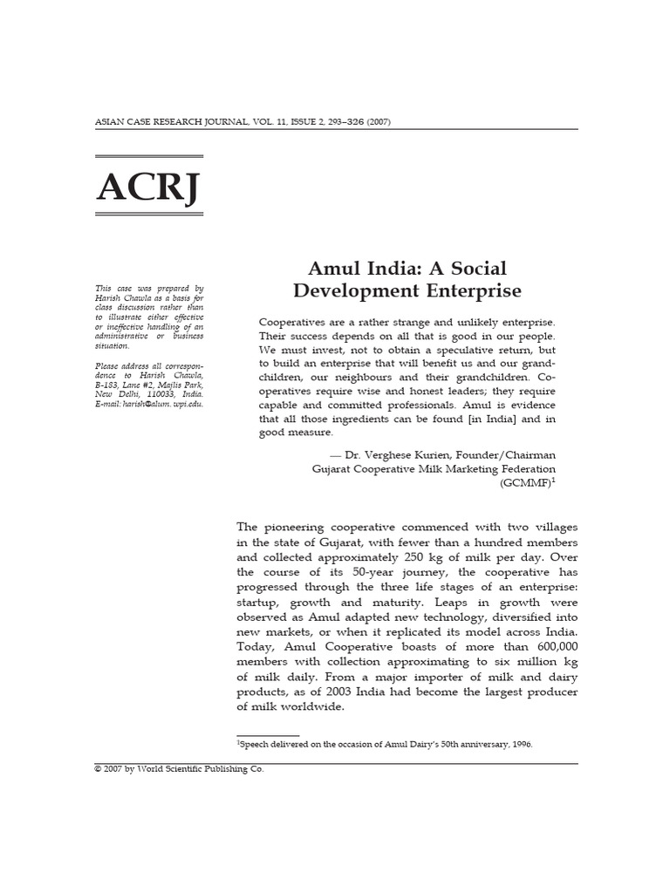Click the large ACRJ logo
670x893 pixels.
(x=147, y=187)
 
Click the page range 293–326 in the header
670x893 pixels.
(x=341, y=121)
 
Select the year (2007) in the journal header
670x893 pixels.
(x=377, y=121)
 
